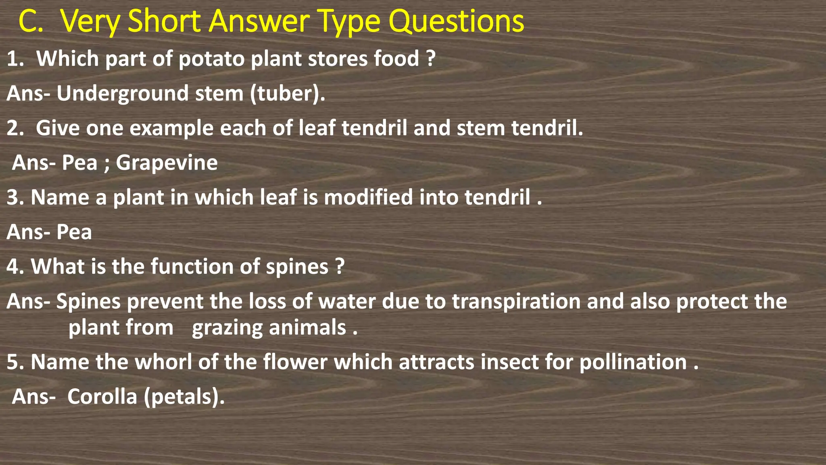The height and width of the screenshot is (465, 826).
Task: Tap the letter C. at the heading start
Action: point(31,22)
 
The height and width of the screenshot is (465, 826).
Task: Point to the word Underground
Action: point(123,94)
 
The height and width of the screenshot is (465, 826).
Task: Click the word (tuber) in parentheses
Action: point(287,94)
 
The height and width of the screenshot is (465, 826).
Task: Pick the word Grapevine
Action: point(167,163)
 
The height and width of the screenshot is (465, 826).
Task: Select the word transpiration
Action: point(516,302)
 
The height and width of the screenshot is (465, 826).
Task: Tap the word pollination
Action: point(633,362)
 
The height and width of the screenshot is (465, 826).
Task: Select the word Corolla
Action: point(102,397)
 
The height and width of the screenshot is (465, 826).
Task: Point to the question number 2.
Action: point(15,128)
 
